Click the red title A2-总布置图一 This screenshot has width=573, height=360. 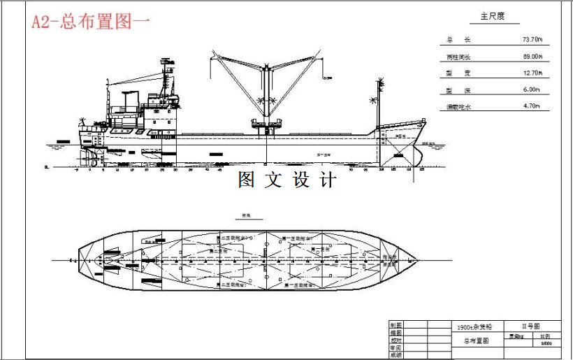point(91,21)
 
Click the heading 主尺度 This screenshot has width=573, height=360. point(492,16)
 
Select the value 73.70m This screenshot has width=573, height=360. point(532,40)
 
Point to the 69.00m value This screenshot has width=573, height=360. point(532,57)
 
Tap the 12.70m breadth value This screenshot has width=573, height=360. point(532,73)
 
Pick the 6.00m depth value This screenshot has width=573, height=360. point(532,90)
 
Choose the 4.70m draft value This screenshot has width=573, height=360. point(532,107)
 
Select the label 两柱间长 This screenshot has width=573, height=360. point(458,57)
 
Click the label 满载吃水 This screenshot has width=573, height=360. point(459,107)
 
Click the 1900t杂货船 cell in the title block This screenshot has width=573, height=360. point(474,326)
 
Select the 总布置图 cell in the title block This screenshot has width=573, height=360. point(474,341)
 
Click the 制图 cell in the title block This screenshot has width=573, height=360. point(396,325)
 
